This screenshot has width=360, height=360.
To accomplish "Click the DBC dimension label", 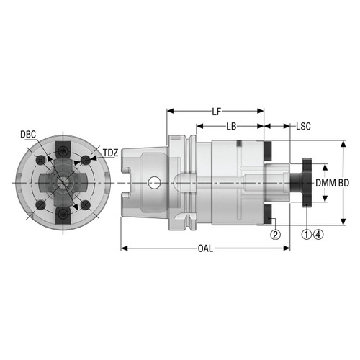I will click(30, 135).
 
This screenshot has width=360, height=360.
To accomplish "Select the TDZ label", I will click(111, 153).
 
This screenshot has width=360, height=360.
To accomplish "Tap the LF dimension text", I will click(216, 112).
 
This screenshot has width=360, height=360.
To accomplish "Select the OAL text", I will click(205, 248).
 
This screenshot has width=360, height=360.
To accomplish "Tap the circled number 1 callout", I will click(305, 234).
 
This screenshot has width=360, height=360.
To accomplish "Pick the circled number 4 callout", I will click(317, 234).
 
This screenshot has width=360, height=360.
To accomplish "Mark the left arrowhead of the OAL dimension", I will click(122, 248).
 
